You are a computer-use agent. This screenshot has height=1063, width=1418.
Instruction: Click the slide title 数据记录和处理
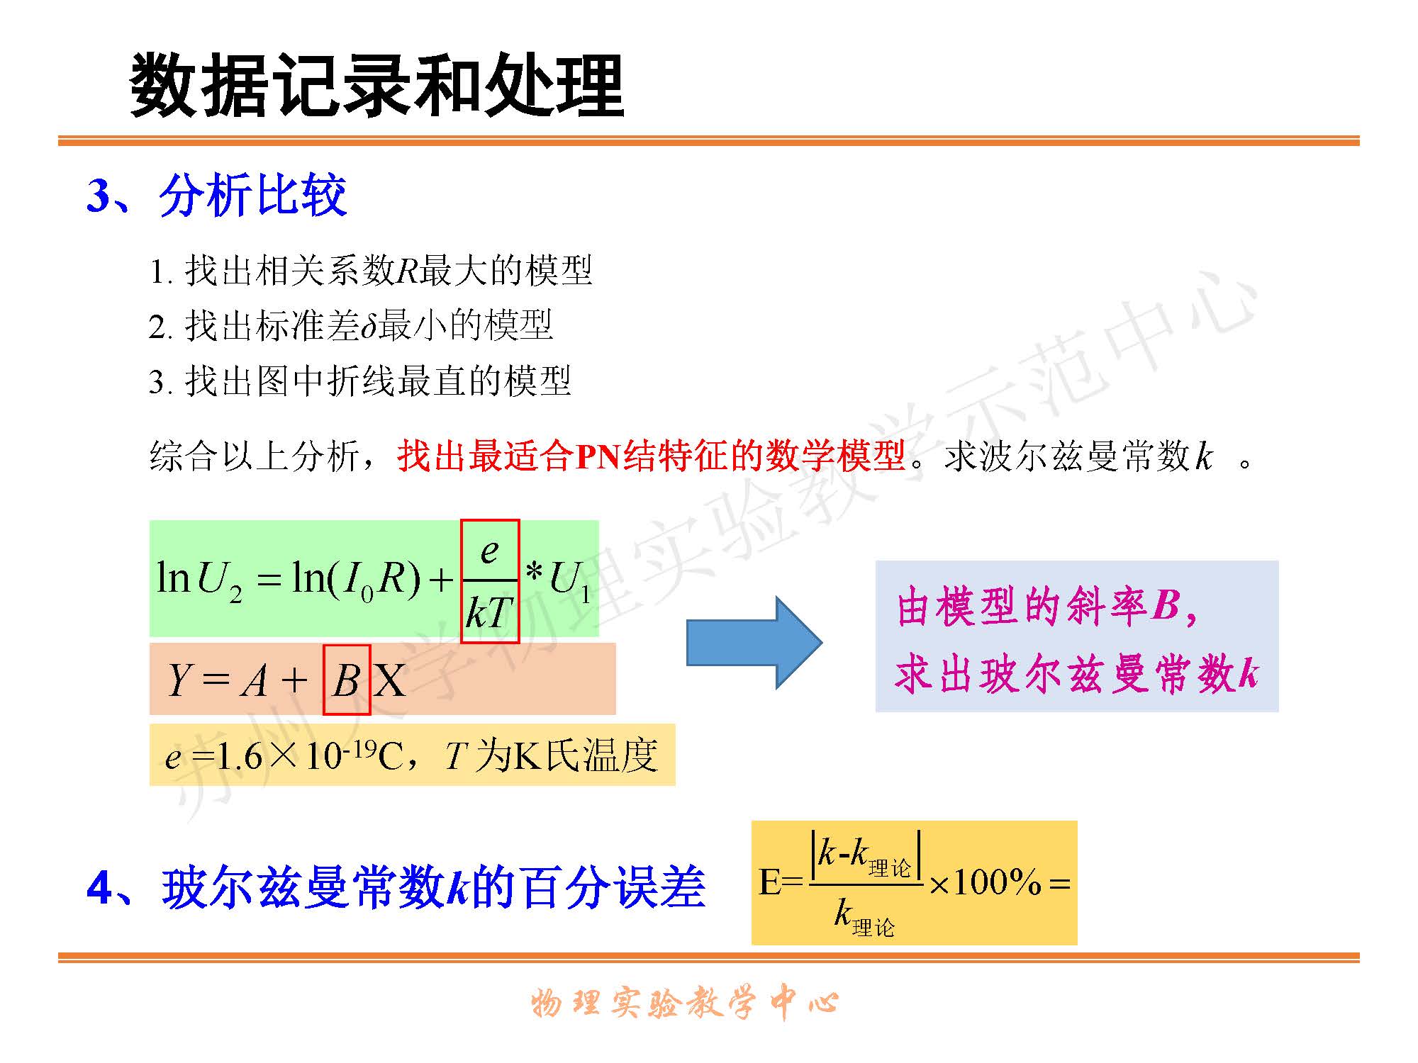376,85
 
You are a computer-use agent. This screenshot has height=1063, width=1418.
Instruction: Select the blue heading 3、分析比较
217,195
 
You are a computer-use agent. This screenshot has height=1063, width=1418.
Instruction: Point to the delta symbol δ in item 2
369,326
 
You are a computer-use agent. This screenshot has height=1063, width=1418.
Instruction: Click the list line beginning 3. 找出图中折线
359,381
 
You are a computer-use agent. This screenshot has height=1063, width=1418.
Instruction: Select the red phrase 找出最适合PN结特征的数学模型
652,456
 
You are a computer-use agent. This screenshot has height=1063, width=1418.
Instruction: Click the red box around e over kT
490,581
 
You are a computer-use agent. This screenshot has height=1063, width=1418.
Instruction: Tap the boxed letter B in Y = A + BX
347,680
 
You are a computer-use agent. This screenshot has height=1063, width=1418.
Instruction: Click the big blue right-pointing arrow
754,643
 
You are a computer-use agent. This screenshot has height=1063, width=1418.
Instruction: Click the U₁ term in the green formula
570,580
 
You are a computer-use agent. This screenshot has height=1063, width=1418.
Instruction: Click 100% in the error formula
997,882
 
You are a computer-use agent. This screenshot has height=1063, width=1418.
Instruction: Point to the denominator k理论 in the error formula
864,917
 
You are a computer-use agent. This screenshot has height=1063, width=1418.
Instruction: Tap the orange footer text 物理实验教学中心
685,1003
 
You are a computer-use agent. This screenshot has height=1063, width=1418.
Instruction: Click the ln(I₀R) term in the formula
357,579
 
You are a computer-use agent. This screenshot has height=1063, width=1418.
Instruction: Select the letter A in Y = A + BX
255,680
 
